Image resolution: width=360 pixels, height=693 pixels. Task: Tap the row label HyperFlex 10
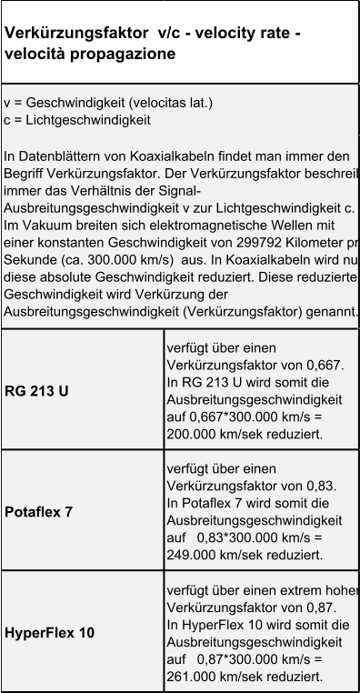pyautogui.click(x=49, y=632)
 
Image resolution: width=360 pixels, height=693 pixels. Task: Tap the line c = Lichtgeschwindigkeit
pyautogui.click(x=76, y=120)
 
